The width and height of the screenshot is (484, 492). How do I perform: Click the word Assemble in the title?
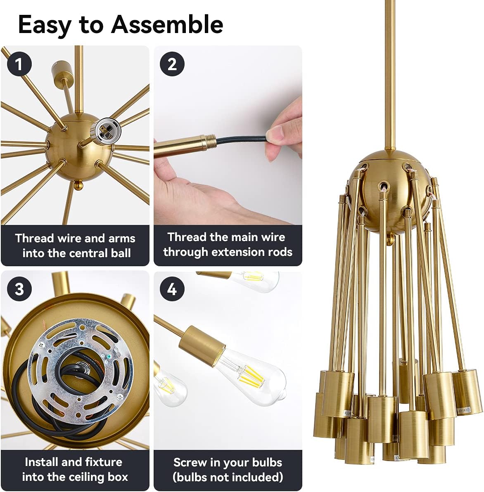(x=167, y=25)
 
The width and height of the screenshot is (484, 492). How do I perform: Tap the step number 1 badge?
(x=18, y=64)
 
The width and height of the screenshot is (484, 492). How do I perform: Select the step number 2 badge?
(x=172, y=64)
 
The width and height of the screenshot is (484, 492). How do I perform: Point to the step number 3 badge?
(x=19, y=289)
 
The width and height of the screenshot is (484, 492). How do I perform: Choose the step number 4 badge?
(x=172, y=289)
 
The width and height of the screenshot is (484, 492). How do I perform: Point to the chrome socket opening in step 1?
(x=102, y=131)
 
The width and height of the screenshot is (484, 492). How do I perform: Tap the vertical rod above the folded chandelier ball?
(x=389, y=74)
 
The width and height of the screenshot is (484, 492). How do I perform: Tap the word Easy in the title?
(x=44, y=25)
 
